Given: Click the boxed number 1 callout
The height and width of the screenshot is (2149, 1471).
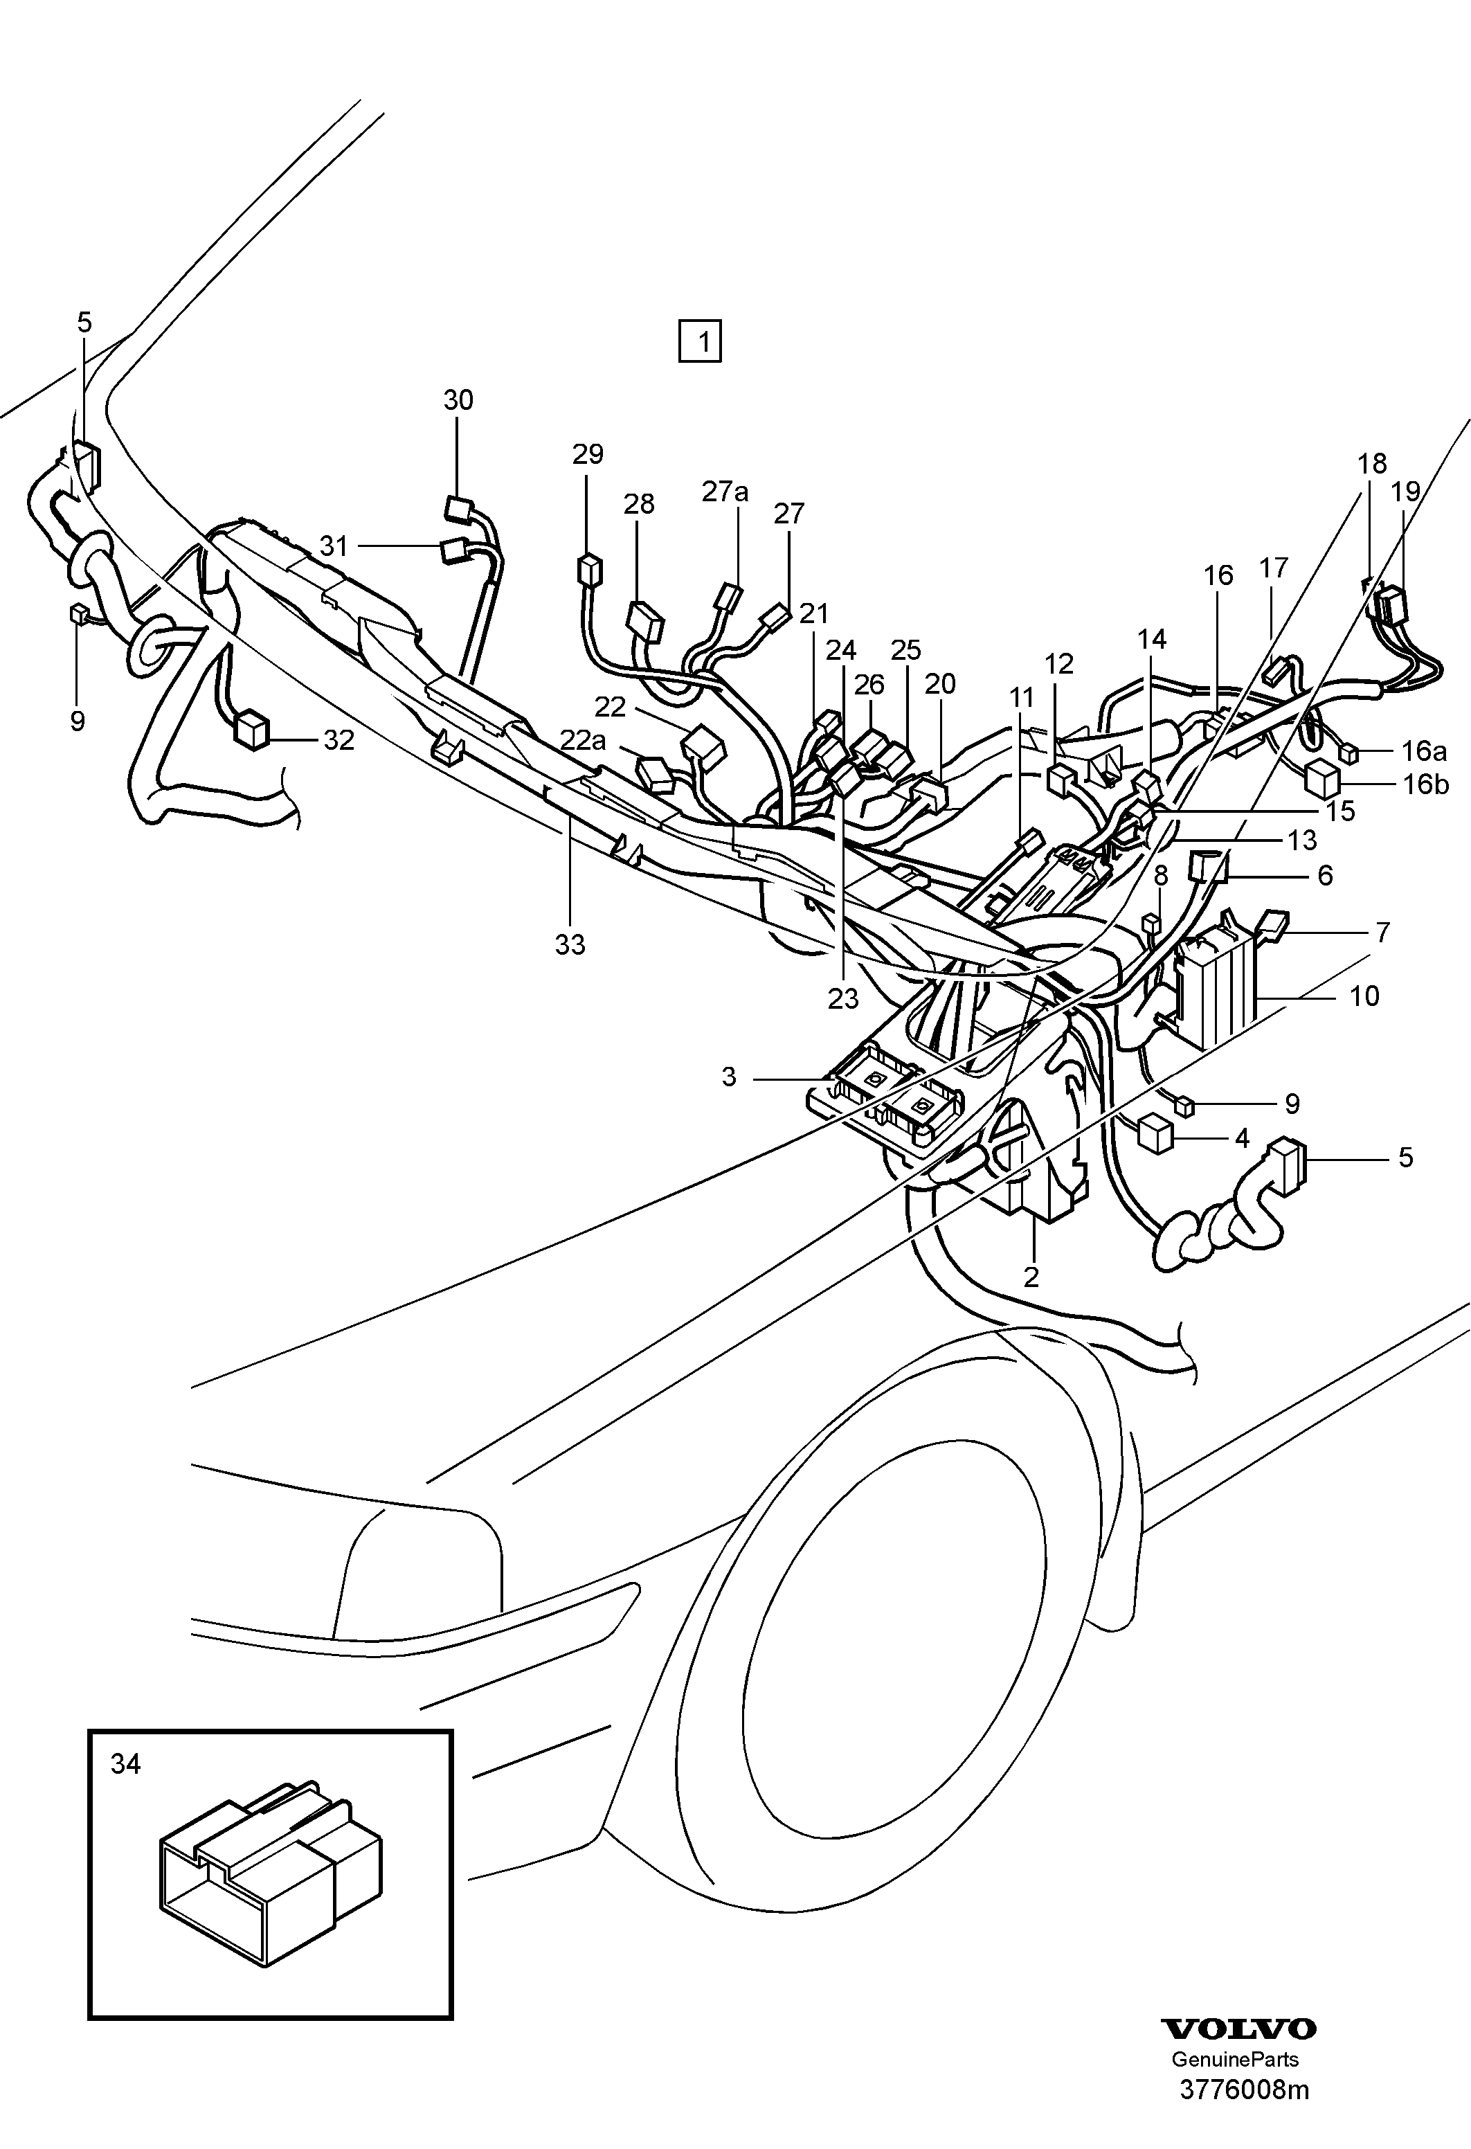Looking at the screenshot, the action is (x=700, y=341).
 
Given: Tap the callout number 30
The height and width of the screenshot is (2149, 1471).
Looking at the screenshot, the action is (x=458, y=400).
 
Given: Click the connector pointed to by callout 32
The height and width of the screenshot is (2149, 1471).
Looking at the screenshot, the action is (x=251, y=730).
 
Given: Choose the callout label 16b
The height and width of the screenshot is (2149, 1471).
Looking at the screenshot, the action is (x=1426, y=785).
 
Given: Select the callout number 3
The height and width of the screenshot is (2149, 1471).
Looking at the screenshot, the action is (x=730, y=1077).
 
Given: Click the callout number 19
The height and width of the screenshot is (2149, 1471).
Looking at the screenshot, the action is (x=1405, y=492).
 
